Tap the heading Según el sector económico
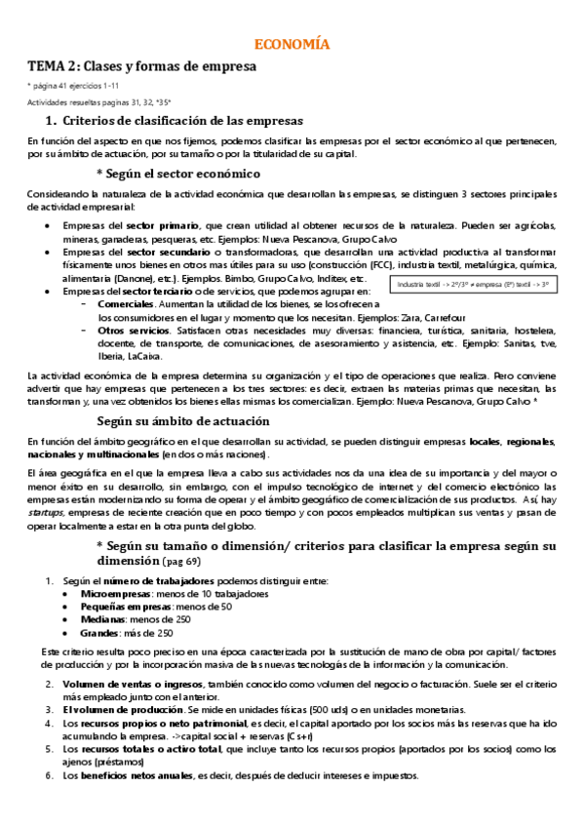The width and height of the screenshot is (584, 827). point(183,173)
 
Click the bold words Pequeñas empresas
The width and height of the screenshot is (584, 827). point(126,606)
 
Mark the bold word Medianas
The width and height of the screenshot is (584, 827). point(102,618)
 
